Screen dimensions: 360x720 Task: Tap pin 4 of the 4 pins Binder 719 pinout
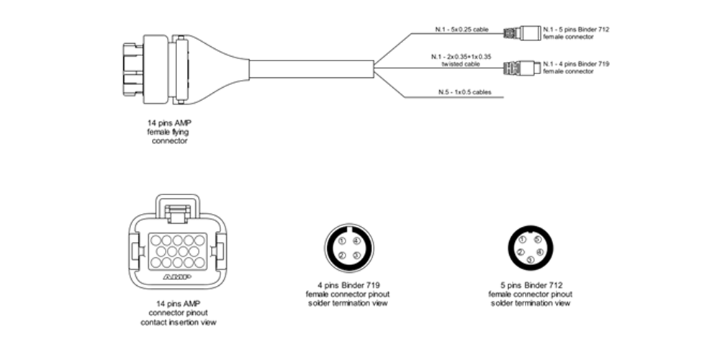tap(355, 241)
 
